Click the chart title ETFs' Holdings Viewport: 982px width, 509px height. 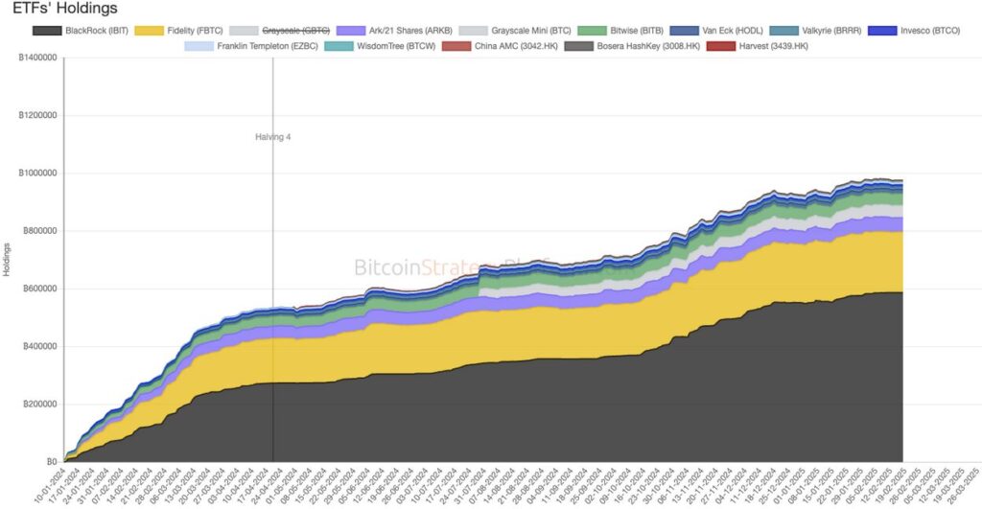[64, 9]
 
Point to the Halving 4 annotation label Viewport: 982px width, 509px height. [272, 137]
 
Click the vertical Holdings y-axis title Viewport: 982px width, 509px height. [7, 260]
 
